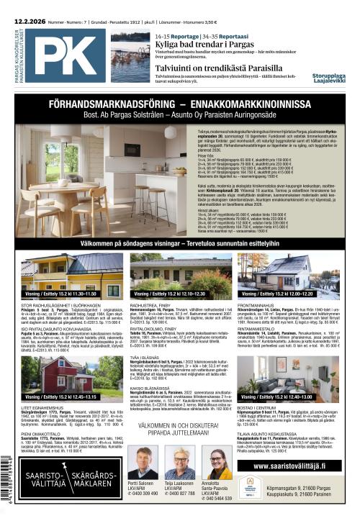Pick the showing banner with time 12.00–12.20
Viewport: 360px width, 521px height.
(295, 294)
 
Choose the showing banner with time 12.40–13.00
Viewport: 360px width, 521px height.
(295, 397)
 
